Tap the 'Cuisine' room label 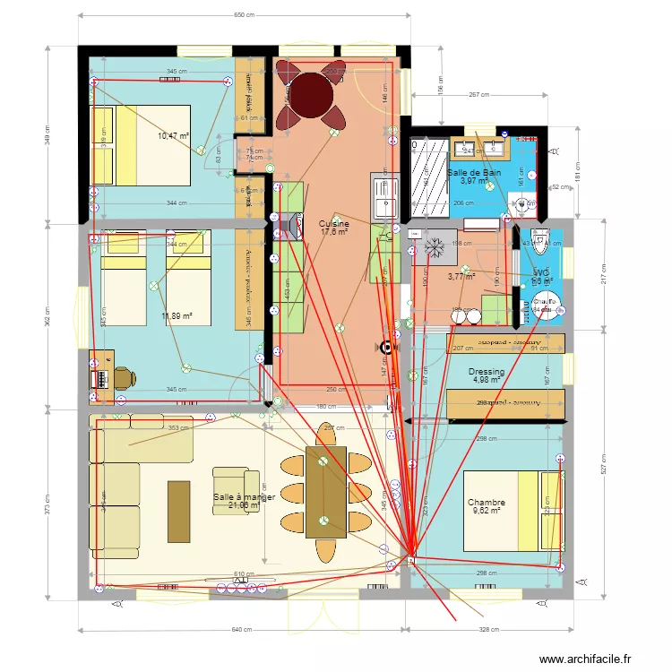(x=334, y=224)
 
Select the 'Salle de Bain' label (x=474, y=172)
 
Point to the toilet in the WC (x=538, y=239)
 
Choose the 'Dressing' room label (x=487, y=372)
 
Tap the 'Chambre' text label (x=486, y=503)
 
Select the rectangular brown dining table (x=325, y=493)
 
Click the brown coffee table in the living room (x=178, y=511)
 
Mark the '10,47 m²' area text (x=173, y=136)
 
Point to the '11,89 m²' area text (x=176, y=315)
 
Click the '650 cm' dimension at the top (x=244, y=15)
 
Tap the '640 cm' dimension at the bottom (x=241, y=630)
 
